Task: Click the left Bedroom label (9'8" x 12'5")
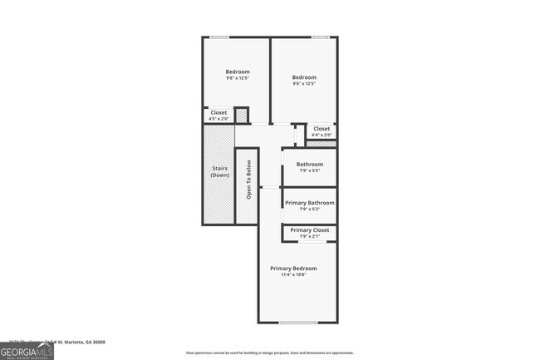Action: point(238,72)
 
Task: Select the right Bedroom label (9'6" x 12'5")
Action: point(304,78)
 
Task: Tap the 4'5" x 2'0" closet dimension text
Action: point(218,119)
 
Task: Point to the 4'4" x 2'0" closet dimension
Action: point(321,135)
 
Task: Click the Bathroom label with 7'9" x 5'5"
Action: point(310,164)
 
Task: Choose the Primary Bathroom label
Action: point(310,203)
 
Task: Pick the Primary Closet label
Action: point(310,229)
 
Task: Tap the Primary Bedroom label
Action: point(293,269)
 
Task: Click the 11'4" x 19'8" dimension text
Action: point(293,275)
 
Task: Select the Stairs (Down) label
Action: point(219,172)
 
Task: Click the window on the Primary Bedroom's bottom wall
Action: point(297,323)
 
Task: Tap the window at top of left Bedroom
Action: point(219,37)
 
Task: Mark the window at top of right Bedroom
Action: point(320,37)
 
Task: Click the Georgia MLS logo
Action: point(27,351)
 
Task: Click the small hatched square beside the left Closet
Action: point(242,116)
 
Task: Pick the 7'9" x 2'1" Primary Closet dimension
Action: point(310,236)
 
